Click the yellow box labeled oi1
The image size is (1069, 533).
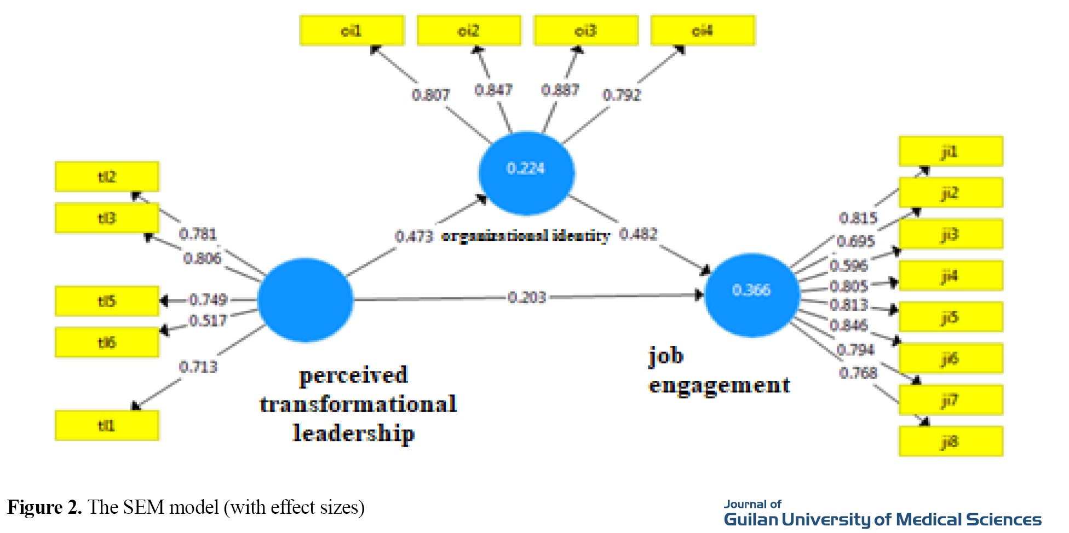point(352,30)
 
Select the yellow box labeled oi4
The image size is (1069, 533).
point(703,30)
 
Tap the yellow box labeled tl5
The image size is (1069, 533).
point(107,301)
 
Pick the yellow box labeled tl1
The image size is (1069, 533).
point(107,425)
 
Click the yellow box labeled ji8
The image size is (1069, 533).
point(951,441)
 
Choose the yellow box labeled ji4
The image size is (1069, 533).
point(951,275)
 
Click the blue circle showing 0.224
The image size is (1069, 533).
point(526,172)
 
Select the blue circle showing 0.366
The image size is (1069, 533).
point(751,294)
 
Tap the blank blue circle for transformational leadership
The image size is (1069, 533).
point(305,300)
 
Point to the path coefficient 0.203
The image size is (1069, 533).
point(527,297)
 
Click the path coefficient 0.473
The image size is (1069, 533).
point(414,236)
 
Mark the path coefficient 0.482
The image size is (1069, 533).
point(639,234)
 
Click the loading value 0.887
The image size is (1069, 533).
point(560,90)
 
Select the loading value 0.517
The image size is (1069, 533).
point(208,320)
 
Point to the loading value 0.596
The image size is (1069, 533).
point(849,265)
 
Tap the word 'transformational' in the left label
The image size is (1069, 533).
point(358,404)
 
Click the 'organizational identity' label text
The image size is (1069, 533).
point(526,236)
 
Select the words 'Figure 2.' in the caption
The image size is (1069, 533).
point(44,507)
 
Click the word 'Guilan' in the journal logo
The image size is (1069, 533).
point(751,519)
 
